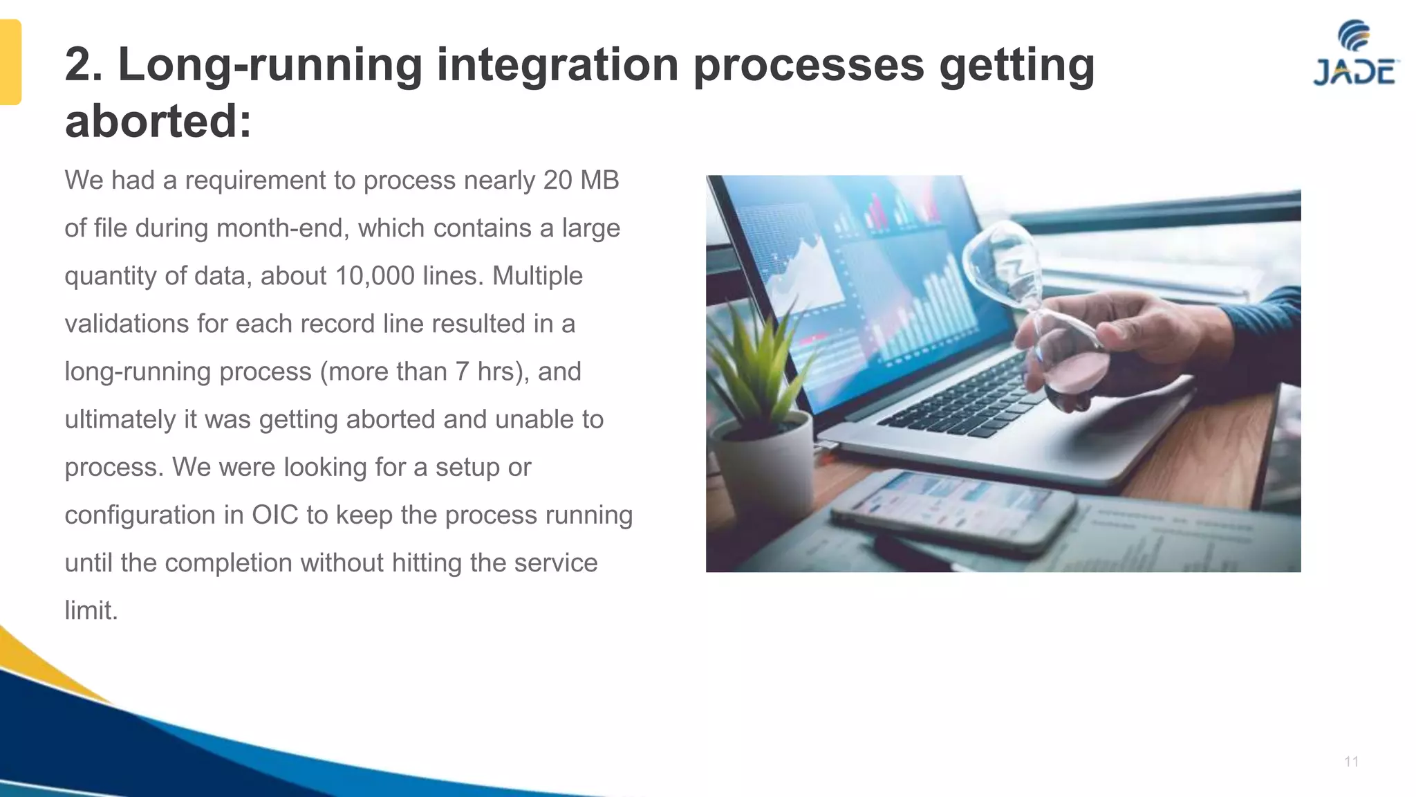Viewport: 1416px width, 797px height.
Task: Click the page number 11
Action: pos(1351,762)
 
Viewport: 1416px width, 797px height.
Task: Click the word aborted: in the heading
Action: pos(158,121)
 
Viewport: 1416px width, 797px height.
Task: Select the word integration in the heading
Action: pos(557,64)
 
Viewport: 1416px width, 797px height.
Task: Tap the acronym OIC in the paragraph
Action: pos(275,515)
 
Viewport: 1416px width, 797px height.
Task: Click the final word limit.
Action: pos(91,610)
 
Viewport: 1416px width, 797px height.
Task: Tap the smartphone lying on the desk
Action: pos(954,512)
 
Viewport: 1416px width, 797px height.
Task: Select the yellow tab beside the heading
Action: pos(10,62)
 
